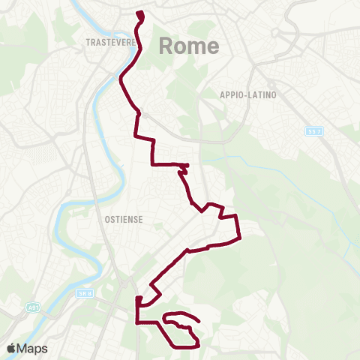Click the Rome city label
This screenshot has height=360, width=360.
tap(189, 46)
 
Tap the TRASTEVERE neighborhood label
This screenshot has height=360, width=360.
tap(111, 43)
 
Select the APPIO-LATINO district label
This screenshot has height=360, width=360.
tap(248, 94)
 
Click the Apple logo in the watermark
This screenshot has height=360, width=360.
tap(11, 348)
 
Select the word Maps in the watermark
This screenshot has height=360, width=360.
tap(32, 348)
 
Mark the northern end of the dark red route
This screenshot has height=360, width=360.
tap(140, 13)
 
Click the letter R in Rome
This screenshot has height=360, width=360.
tap(167, 46)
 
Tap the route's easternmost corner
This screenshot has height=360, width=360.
tap(239, 238)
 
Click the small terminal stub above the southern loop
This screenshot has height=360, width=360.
tap(139, 299)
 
